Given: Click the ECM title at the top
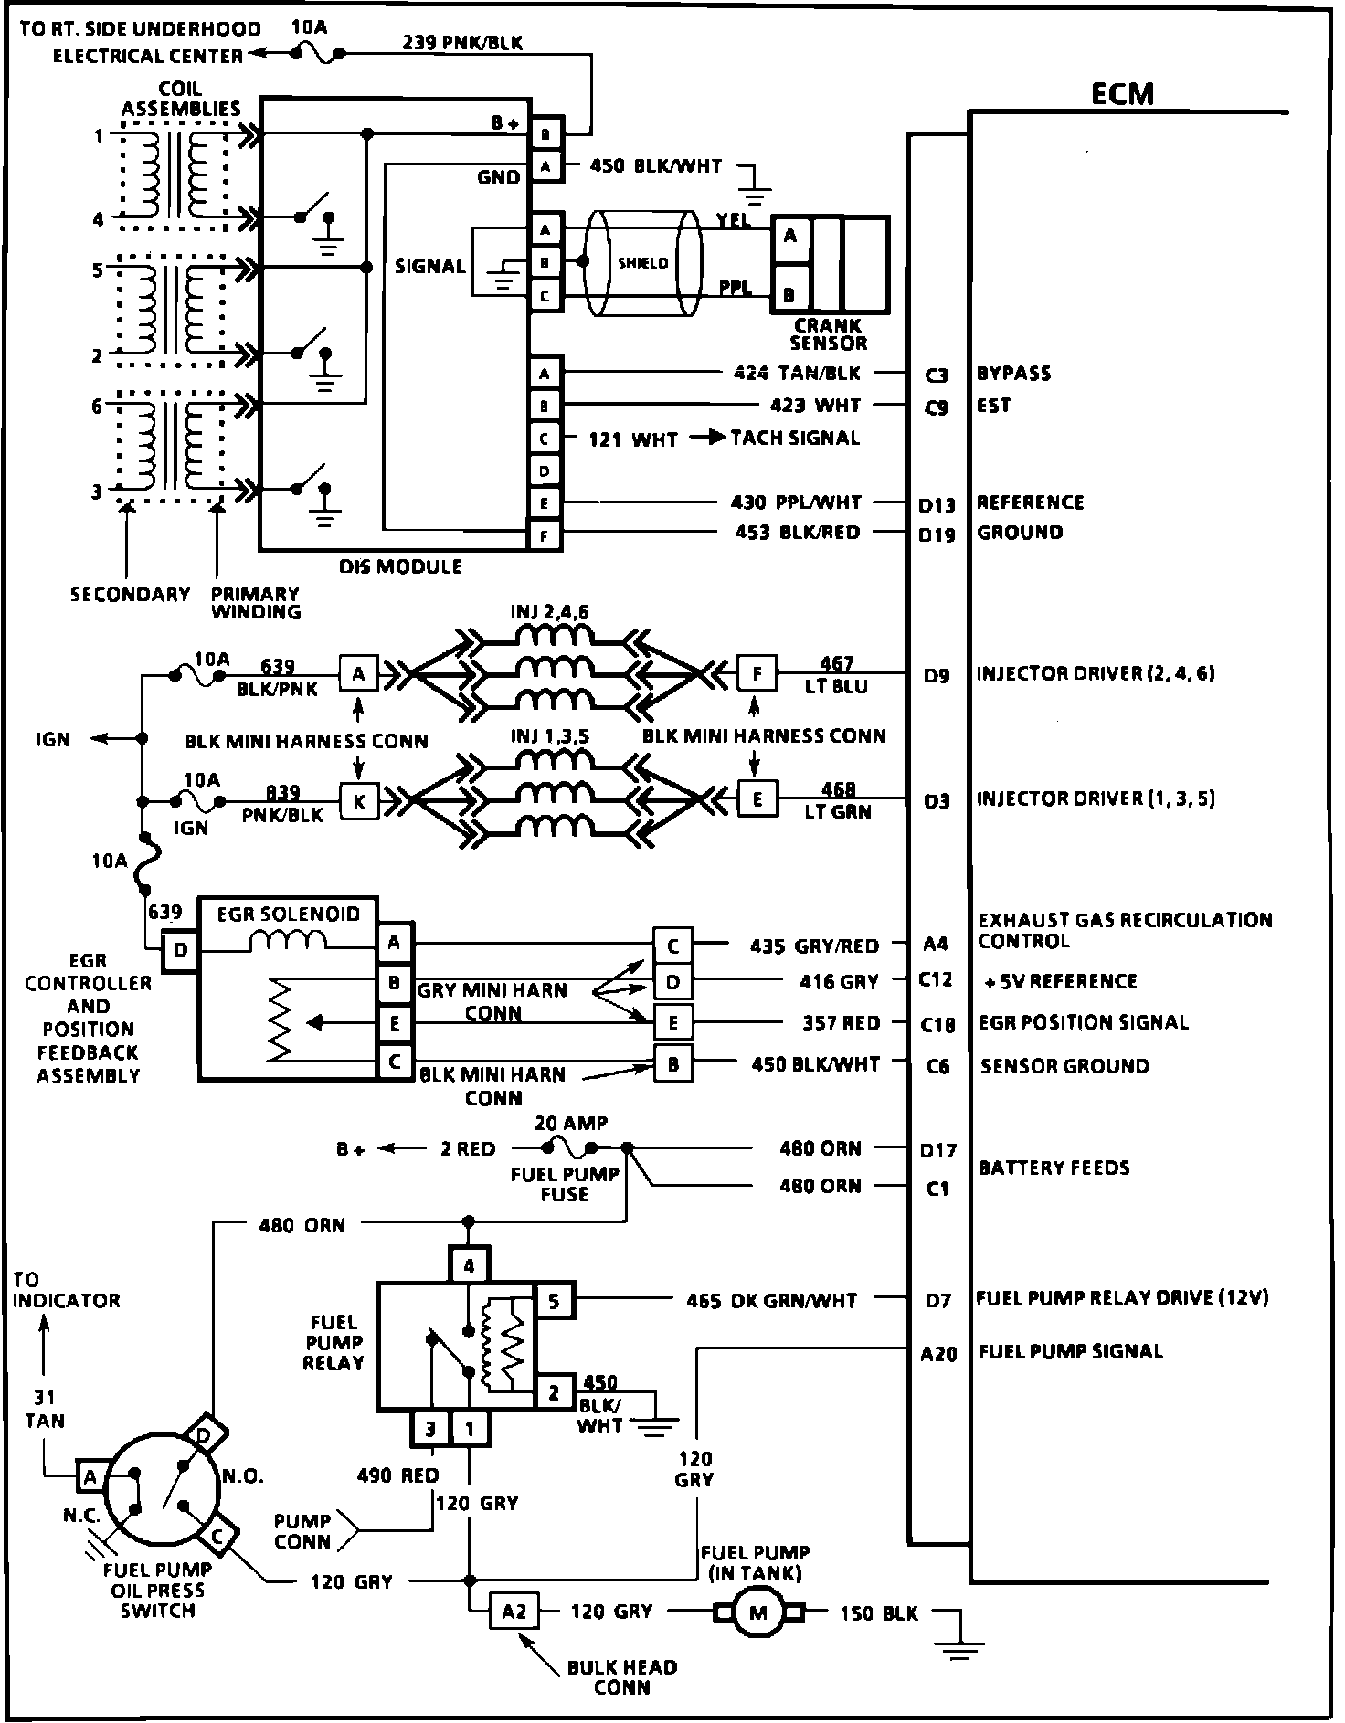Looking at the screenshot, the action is point(1122,94).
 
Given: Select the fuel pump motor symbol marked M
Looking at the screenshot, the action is point(758,1613).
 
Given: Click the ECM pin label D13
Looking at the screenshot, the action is point(937,505).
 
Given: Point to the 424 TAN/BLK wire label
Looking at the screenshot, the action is point(797,373).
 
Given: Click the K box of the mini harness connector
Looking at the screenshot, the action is point(359,801).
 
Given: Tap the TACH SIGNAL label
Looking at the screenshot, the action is point(795,438).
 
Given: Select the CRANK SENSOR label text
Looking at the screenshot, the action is point(828,334).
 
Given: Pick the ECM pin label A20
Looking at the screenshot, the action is point(938,1354).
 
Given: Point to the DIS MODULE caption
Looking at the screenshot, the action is point(401,566).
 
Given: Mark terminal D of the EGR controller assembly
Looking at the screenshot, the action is point(180,950).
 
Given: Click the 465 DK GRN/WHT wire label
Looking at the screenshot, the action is point(771,1300).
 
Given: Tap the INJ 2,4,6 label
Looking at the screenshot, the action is point(550,611).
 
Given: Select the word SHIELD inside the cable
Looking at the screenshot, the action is point(643,263).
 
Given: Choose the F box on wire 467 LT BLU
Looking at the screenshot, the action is point(757,674).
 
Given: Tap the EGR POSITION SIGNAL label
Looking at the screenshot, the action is point(1084,1022).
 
